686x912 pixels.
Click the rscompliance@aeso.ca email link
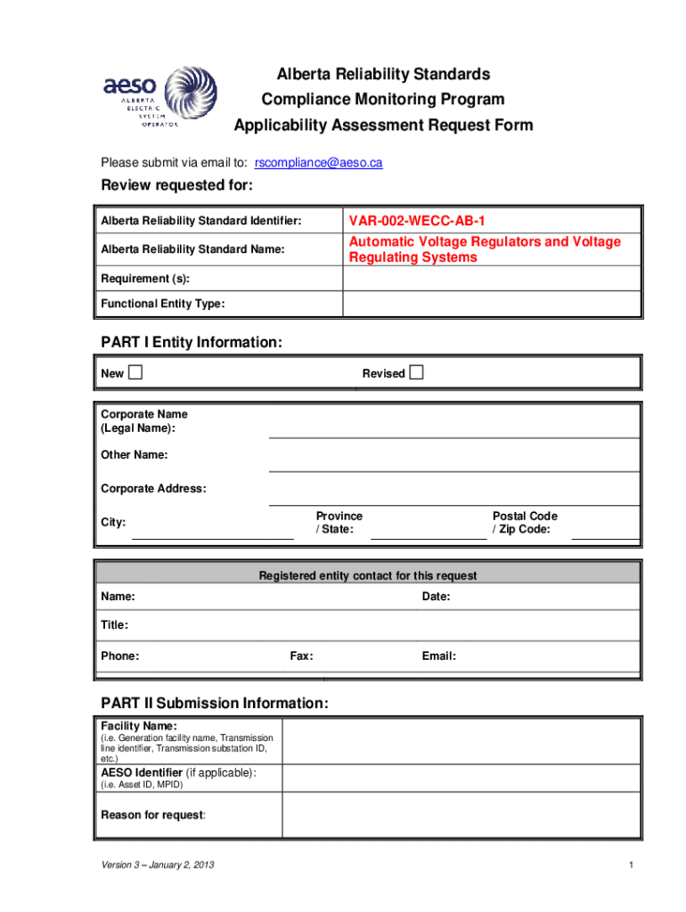[x=318, y=163]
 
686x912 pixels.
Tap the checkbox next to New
[x=135, y=372]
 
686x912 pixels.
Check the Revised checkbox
[x=417, y=372]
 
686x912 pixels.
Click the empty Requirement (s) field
[x=491, y=278]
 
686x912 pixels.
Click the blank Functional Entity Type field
[x=491, y=304]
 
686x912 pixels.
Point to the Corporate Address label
[x=153, y=489]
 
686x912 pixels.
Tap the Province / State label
[x=339, y=523]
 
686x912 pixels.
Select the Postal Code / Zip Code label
[x=524, y=523]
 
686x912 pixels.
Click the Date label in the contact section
[x=436, y=596]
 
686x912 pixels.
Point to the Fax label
[x=301, y=656]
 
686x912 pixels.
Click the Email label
[x=439, y=656]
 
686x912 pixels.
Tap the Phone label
[x=119, y=656]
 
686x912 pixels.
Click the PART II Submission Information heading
[x=215, y=704]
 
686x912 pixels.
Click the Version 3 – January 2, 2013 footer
[x=157, y=866]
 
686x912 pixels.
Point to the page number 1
[x=630, y=866]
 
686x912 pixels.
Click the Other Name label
[x=135, y=455]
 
